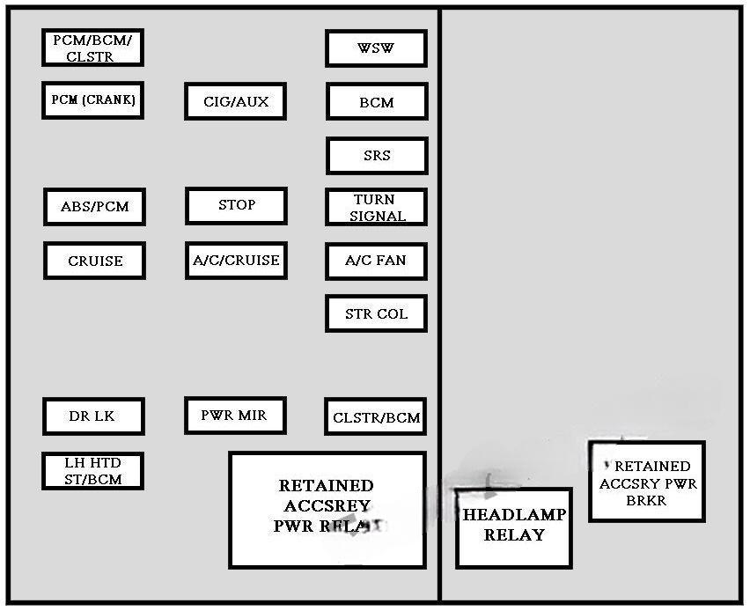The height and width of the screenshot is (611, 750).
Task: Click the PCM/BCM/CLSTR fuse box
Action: click(x=92, y=48)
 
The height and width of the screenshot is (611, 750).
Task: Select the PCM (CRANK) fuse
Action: click(x=92, y=100)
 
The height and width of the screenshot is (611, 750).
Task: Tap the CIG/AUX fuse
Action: click(x=236, y=101)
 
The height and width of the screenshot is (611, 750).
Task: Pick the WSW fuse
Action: click(x=376, y=48)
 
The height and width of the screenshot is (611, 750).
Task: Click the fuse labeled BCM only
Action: click(x=377, y=102)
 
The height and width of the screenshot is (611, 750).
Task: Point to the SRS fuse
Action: click(x=377, y=156)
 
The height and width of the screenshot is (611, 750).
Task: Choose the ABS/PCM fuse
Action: click(x=94, y=207)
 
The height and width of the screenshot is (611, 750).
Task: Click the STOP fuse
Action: click(x=236, y=205)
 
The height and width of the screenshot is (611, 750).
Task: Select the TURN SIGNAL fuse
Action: click(x=377, y=208)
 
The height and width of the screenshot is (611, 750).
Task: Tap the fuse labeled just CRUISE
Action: click(x=94, y=261)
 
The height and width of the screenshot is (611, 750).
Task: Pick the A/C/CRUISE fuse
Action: click(x=236, y=261)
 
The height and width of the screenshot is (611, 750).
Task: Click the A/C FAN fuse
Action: click(x=376, y=261)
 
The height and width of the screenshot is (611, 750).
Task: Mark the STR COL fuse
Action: click(x=376, y=314)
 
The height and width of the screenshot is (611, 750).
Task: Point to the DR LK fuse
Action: click(x=92, y=416)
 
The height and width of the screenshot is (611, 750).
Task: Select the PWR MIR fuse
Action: click(x=235, y=415)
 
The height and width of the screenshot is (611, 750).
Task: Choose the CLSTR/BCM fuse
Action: click(x=376, y=417)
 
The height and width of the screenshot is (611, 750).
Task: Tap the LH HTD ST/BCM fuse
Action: click(x=92, y=471)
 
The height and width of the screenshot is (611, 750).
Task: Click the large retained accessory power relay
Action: click(x=327, y=510)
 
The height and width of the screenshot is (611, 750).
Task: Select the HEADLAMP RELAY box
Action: click(x=514, y=527)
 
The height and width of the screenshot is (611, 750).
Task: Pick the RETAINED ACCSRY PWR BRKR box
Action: click(x=647, y=482)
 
